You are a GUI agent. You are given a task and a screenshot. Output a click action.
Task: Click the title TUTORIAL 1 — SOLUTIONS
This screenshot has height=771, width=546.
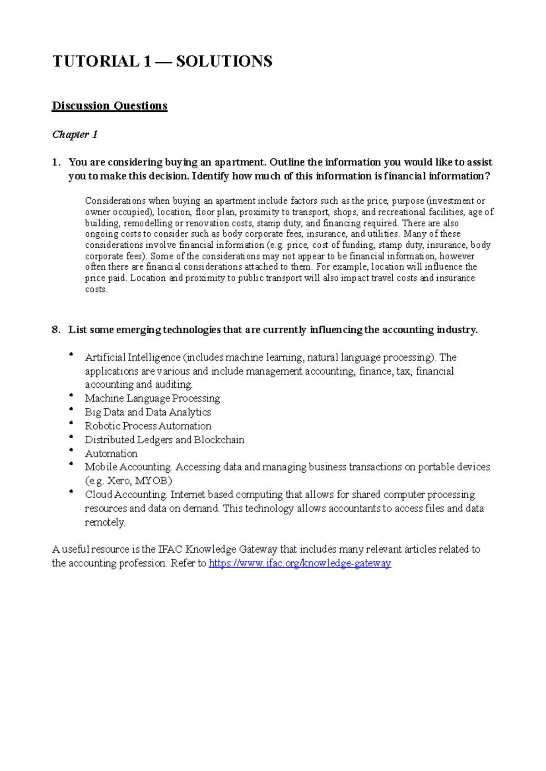coord(162,61)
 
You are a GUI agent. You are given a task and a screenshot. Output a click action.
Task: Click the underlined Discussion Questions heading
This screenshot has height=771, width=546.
coord(110,106)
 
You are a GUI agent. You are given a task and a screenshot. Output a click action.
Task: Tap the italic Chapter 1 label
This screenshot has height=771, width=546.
coord(75,135)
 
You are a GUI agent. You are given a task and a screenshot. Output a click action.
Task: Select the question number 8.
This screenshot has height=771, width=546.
coord(56,330)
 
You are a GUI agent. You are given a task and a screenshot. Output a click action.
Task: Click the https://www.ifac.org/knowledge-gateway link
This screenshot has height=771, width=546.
coord(299,563)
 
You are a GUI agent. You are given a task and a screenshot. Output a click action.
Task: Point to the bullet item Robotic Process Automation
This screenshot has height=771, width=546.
coord(148,426)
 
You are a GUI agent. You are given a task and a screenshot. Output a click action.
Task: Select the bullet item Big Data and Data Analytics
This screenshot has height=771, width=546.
coord(148,412)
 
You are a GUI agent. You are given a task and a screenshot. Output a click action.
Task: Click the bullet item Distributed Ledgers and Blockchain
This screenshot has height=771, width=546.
coord(164,440)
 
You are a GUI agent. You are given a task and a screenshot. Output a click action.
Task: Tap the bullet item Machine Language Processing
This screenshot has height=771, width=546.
coord(152,398)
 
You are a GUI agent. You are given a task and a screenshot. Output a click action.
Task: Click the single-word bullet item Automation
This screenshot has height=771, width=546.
coord(111,454)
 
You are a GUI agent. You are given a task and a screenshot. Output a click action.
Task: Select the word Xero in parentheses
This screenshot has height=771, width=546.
coord(118,481)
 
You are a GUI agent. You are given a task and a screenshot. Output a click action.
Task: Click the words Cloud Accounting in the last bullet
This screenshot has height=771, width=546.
coord(126,495)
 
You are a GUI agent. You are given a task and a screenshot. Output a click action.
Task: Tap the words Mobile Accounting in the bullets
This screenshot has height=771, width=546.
coord(127,467)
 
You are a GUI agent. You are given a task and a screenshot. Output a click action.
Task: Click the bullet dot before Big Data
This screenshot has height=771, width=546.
coord(71,409)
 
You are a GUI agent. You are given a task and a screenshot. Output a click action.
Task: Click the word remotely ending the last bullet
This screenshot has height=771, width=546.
coord(104,522)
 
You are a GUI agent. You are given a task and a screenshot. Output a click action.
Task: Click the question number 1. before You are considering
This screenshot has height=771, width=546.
coord(56,162)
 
